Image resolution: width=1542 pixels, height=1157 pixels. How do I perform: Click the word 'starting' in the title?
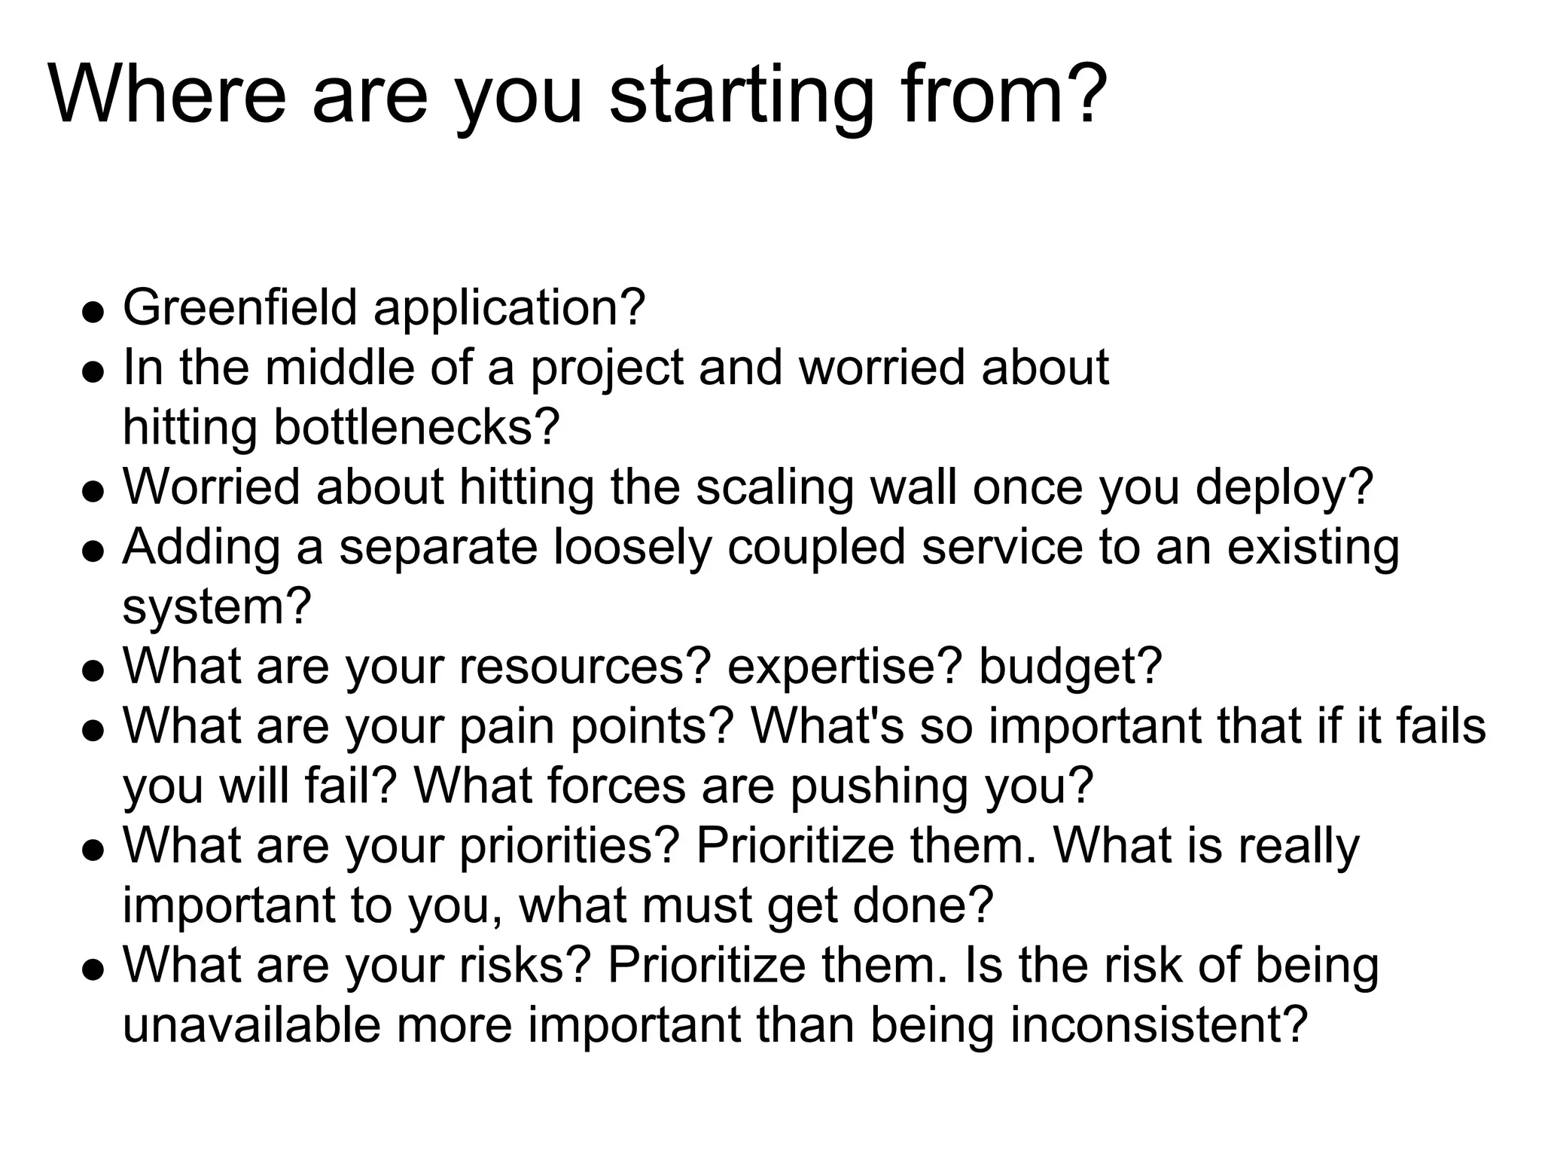742,96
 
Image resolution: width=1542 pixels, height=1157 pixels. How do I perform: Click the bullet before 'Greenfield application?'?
93,312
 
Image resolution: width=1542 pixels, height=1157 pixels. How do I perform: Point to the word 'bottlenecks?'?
416,427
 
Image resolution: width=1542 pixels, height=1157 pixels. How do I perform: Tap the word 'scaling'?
775,488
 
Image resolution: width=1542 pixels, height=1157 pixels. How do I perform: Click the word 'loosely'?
632,548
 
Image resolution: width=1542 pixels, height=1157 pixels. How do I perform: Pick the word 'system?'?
217,606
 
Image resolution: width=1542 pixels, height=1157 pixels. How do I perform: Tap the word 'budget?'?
1070,667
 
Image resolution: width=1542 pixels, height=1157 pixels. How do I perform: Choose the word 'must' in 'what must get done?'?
697,905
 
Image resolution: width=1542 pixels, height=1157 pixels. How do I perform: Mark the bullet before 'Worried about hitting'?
93,491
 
